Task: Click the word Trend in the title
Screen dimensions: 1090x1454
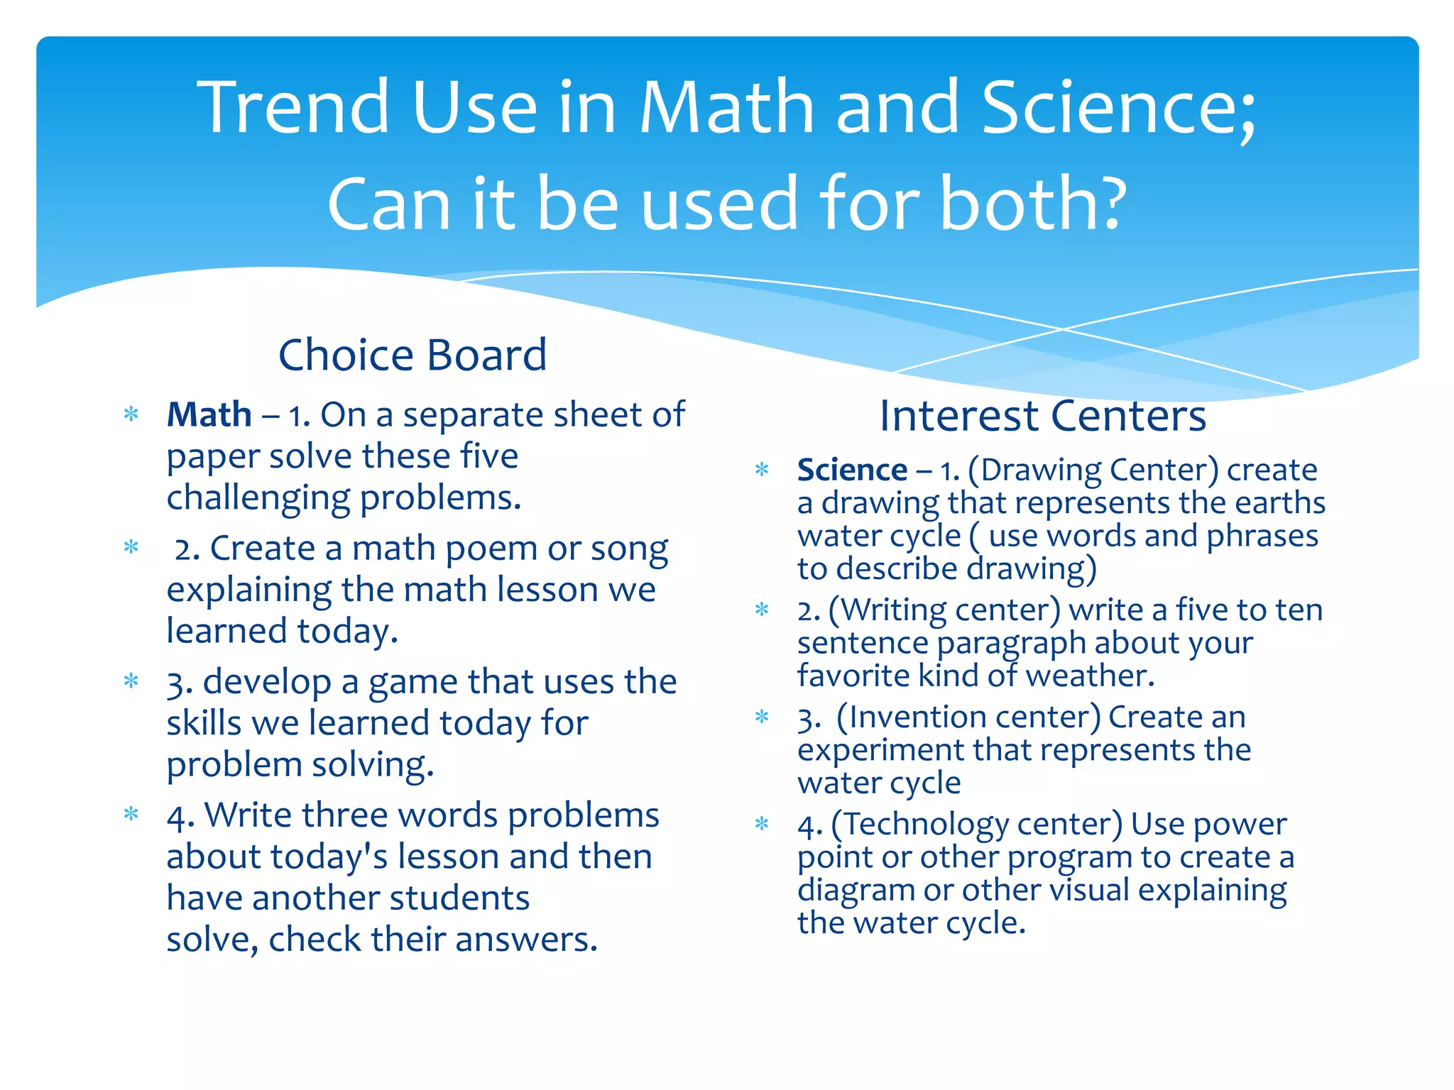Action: click(293, 108)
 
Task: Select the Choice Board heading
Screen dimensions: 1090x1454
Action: click(412, 355)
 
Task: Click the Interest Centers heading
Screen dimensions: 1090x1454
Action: click(1042, 416)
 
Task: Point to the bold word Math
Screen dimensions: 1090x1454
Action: click(209, 414)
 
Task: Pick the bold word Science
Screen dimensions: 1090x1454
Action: click(852, 470)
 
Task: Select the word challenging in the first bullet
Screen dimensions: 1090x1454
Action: click(258, 498)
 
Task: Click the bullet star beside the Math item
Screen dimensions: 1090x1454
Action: click(131, 414)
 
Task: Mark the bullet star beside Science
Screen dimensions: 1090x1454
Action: click(762, 470)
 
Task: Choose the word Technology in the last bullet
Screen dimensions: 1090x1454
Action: click(926, 825)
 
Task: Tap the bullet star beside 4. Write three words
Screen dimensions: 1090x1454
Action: click(131, 814)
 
